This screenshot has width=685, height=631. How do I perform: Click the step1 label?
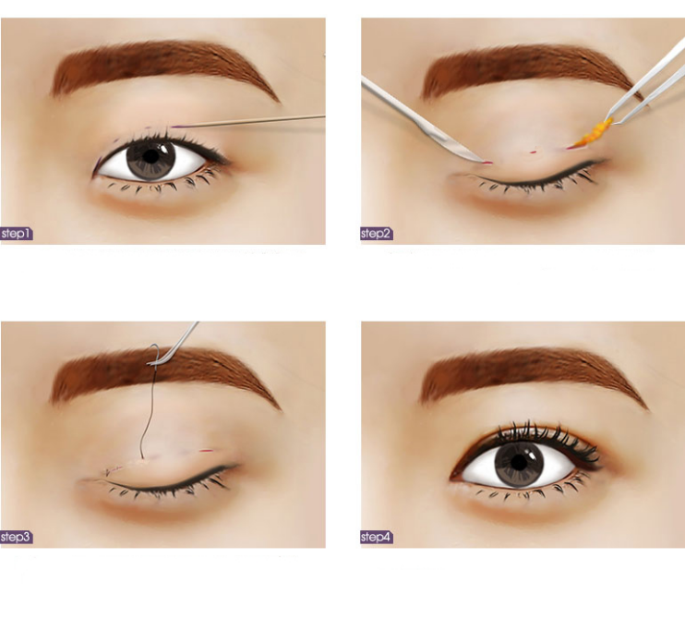[17, 234]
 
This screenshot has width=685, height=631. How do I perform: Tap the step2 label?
[377, 234]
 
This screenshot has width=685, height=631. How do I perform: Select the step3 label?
[17, 537]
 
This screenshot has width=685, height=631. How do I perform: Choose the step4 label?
[377, 537]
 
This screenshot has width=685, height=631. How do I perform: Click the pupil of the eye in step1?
[150, 156]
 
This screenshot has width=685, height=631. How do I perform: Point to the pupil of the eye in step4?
[519, 463]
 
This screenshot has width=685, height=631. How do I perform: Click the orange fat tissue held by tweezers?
[595, 132]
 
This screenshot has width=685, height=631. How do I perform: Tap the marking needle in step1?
[249, 122]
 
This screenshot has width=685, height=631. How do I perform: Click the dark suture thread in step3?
[150, 407]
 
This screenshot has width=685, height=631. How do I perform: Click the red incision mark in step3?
[206, 451]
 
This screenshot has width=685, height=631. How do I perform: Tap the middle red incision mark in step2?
[533, 152]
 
